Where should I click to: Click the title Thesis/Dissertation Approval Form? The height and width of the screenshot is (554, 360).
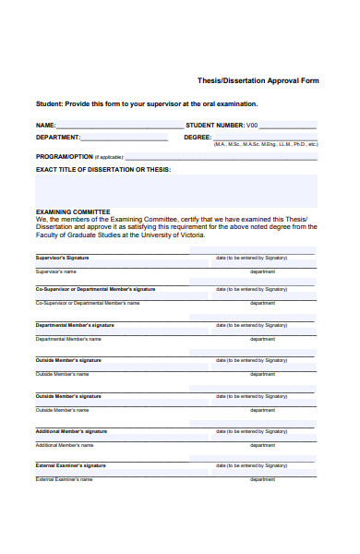pos(258,80)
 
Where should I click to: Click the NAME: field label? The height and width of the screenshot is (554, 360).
pos(46,125)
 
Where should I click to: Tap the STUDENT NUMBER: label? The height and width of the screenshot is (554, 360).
pos(215,125)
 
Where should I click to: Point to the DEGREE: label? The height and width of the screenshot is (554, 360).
pos(198,137)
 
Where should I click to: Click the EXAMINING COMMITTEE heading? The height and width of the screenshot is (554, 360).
pos(73,211)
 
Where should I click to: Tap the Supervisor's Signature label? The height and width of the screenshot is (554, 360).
pos(62,257)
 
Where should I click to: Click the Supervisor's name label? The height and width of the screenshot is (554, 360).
pos(56,271)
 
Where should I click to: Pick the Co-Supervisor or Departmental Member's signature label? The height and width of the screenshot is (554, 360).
pos(95,289)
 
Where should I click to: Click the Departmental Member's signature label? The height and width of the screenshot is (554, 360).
pos(75,325)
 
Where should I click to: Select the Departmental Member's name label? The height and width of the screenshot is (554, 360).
pos(68,339)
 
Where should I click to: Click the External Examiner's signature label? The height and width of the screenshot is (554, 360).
pos(70,465)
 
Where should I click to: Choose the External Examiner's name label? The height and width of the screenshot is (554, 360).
pos(64,479)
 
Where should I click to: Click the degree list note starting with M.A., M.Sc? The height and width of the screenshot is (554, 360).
pos(266,144)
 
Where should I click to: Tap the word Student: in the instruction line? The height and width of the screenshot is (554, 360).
pos(51,103)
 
